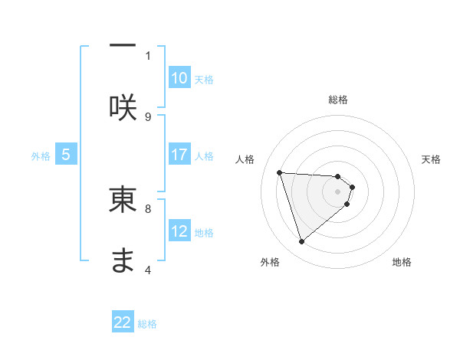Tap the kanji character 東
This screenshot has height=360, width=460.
(x=123, y=198)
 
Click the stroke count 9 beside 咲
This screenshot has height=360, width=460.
(x=148, y=116)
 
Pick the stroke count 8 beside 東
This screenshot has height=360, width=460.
(x=148, y=208)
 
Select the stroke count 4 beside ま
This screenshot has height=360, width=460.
(x=148, y=270)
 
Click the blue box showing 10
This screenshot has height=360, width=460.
(x=179, y=78)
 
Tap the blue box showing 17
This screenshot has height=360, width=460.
(x=179, y=155)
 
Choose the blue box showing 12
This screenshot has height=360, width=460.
(x=179, y=231)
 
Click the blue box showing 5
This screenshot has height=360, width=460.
(x=66, y=155)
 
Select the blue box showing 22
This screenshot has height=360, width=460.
(x=123, y=322)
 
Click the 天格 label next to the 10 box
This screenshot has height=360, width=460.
(x=203, y=79)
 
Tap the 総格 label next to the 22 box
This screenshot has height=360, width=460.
(x=147, y=324)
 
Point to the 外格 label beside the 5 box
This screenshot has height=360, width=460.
(x=41, y=155)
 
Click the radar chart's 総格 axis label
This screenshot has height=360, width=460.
(x=338, y=100)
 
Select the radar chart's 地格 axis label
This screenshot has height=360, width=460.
(x=402, y=262)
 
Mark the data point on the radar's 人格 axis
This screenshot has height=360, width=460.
(x=280, y=172)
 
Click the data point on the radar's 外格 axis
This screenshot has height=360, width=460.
(x=302, y=242)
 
